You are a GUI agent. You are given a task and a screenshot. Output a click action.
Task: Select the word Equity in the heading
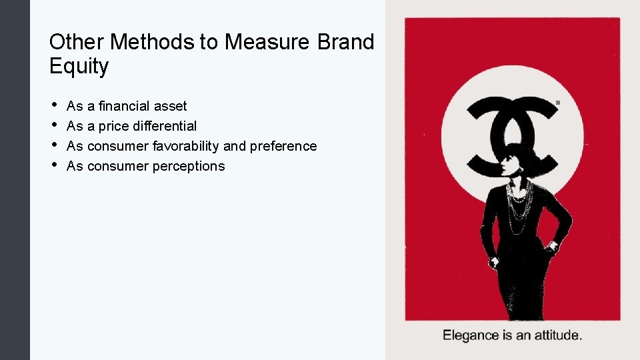79,66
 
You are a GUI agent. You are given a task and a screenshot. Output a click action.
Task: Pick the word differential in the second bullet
165,126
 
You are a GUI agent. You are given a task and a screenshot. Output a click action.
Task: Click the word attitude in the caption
555,335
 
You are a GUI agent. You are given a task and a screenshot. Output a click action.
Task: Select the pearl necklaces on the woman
518,203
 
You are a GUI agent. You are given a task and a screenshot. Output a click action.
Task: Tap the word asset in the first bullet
173,106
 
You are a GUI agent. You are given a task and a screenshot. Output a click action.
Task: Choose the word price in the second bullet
114,126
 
